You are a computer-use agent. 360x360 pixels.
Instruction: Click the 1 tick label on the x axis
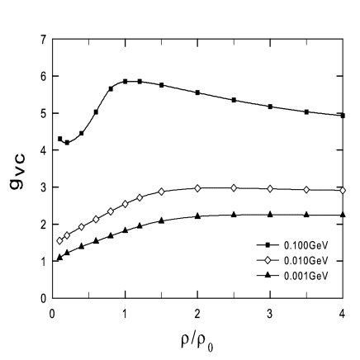point(125,312)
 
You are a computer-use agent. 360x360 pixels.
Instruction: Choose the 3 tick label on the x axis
point(270,312)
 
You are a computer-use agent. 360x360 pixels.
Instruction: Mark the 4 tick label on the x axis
point(343,312)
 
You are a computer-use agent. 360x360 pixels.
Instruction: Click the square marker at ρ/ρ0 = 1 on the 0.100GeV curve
point(125,82)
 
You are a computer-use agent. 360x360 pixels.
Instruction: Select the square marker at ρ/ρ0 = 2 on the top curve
point(197,92)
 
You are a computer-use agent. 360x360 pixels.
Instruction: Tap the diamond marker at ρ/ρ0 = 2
point(197,188)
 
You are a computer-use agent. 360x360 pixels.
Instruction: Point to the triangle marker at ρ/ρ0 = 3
point(270,215)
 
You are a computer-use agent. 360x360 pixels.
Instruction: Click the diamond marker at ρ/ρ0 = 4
point(343,190)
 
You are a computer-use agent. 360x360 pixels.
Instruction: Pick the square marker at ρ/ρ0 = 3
point(270,107)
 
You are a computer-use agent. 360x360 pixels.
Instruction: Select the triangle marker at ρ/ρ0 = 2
point(197,216)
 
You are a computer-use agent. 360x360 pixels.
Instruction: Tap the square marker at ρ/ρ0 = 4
point(343,116)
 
